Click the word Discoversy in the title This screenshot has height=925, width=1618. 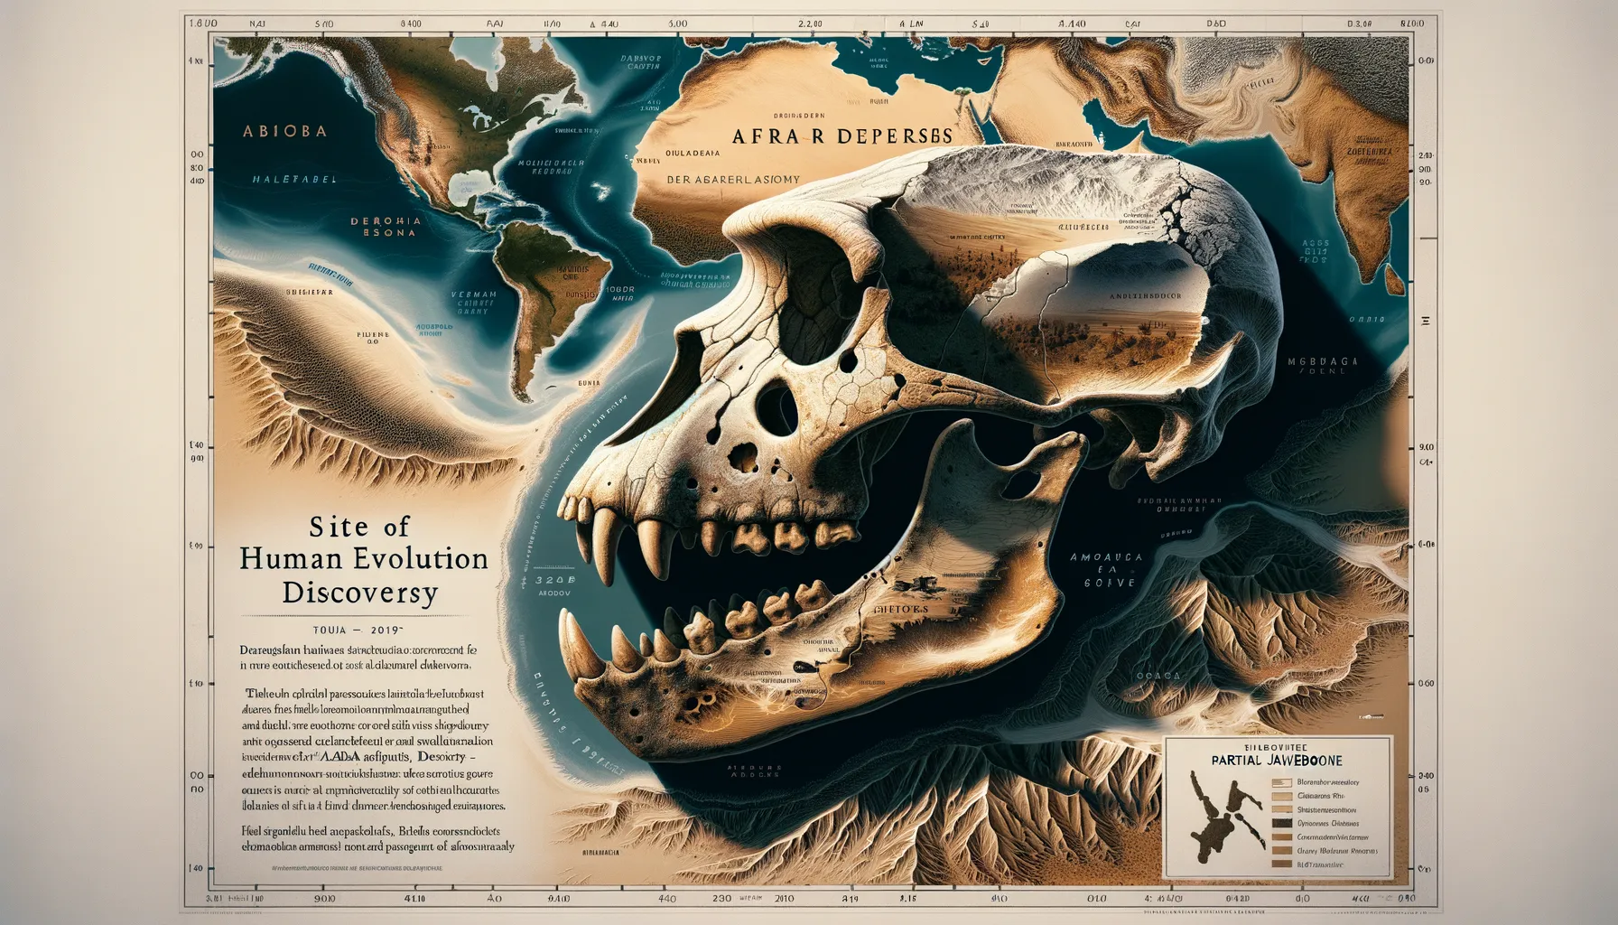click(359, 593)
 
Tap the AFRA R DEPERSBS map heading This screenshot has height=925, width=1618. click(841, 136)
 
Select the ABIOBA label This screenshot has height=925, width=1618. click(284, 131)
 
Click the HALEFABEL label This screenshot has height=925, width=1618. click(294, 180)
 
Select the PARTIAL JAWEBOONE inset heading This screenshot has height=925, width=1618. click(1277, 761)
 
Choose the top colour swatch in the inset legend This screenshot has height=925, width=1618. click(1281, 782)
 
